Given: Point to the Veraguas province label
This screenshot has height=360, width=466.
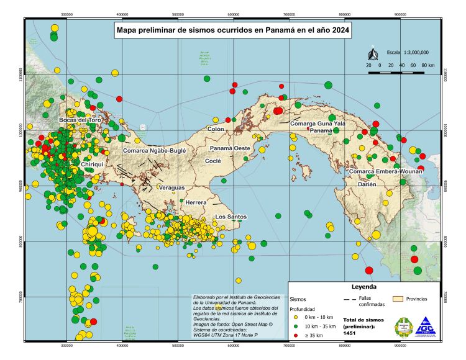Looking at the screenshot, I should click(172, 187).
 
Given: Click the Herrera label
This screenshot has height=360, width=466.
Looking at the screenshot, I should click(196, 203).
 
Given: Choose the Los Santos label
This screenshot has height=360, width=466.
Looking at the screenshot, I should click(231, 217).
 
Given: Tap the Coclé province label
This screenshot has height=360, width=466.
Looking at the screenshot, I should click(213, 160).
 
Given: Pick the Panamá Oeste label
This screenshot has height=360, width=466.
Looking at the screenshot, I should click(229, 149).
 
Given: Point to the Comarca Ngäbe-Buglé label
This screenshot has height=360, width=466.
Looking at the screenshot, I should click(155, 151).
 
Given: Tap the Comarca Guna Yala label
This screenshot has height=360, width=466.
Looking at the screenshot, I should click(318, 124).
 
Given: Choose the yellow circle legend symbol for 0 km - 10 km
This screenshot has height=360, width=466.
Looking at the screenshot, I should click(296, 316).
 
